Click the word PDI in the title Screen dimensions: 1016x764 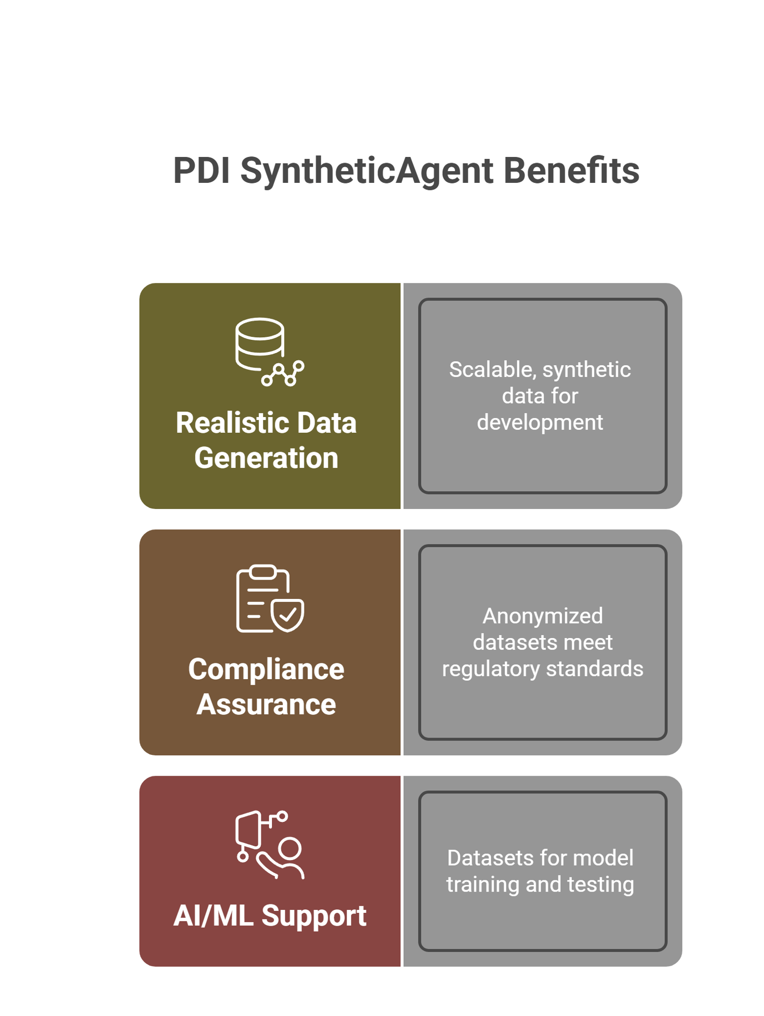click(201, 171)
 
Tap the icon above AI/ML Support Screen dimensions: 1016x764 click(269, 844)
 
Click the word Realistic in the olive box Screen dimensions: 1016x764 click(231, 423)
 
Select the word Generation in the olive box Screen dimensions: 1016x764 click(266, 458)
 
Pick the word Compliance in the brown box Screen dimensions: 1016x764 click(266, 670)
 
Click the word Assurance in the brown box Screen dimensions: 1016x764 click(266, 705)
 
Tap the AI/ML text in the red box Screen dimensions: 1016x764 click(213, 916)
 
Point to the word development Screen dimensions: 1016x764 click(540, 423)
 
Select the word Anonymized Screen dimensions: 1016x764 click(542, 616)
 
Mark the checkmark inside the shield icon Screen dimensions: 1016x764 click(288, 615)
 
